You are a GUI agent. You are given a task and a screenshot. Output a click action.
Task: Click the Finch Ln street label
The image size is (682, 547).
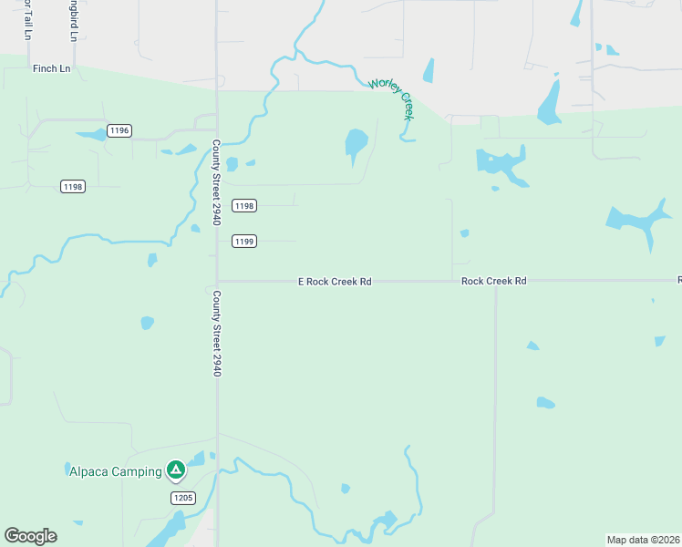click(x=51, y=68)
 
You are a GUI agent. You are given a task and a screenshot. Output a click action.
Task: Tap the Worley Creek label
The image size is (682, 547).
click(x=392, y=98)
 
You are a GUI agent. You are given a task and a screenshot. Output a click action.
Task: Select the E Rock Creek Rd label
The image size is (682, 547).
click(x=335, y=282)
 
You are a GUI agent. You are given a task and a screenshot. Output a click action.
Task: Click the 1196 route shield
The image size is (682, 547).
click(x=119, y=130)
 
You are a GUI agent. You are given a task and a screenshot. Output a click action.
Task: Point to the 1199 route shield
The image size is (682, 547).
click(x=243, y=241)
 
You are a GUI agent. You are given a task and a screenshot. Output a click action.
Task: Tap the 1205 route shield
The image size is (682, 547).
click(x=182, y=497)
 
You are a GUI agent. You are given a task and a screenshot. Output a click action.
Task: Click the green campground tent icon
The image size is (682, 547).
click(x=175, y=470)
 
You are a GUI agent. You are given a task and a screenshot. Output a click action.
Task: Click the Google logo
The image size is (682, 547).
click(x=30, y=536)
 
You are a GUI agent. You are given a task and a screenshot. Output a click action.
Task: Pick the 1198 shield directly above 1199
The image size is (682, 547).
click(x=243, y=206)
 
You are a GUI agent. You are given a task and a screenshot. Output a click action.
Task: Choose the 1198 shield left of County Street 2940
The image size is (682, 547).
click(x=73, y=186)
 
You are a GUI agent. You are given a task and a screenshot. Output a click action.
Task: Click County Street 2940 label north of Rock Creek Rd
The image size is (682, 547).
click(x=217, y=182)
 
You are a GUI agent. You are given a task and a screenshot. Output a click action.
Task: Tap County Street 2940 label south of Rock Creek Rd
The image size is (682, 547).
click(x=217, y=334)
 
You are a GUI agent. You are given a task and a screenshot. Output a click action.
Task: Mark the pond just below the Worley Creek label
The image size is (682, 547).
click(x=355, y=143)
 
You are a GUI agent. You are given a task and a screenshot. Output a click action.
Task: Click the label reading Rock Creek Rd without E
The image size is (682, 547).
click(x=493, y=282)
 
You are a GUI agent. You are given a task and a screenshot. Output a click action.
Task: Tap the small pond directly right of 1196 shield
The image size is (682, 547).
click(x=185, y=149)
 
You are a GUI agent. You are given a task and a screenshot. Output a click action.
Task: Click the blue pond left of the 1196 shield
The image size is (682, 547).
click(x=91, y=136)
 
